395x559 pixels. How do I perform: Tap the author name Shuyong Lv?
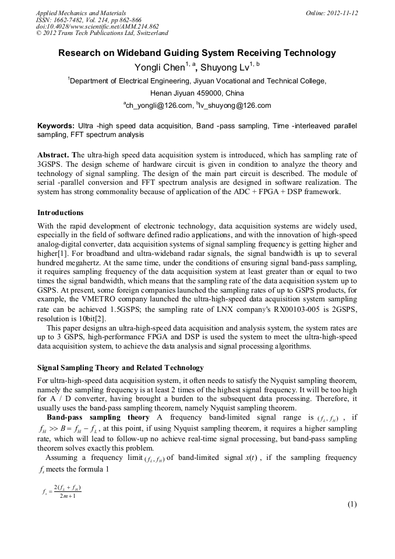click(x=225, y=68)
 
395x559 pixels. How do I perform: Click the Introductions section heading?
click(x=60, y=213)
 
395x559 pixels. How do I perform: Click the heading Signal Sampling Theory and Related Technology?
click(x=121, y=368)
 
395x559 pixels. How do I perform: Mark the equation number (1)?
click(x=352, y=505)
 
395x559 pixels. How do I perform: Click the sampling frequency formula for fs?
click(x=61, y=491)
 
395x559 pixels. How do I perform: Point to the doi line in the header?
click(x=97, y=27)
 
